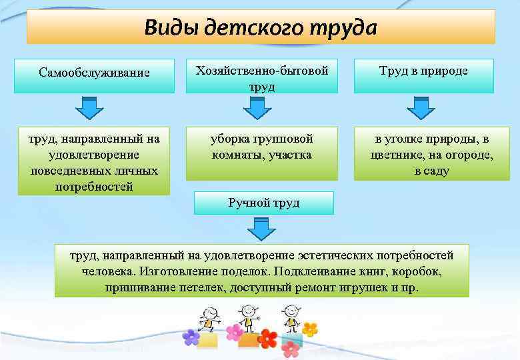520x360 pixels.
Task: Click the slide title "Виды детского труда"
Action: coord(260,28)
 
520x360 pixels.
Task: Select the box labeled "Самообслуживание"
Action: coord(94,72)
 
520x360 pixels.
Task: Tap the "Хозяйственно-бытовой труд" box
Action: coord(261,78)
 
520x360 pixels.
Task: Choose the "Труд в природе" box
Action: coord(423,71)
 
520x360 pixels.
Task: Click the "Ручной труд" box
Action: coord(263,203)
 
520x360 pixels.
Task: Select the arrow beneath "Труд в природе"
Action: coord(420,108)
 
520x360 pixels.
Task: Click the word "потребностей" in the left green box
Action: coord(94,187)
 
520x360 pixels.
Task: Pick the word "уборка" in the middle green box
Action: coord(229,139)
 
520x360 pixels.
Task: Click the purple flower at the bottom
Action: coord(191,337)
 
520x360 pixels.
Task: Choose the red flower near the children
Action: coord(268,339)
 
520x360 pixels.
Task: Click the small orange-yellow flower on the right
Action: coord(309,329)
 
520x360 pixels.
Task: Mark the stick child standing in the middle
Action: coord(249,319)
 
